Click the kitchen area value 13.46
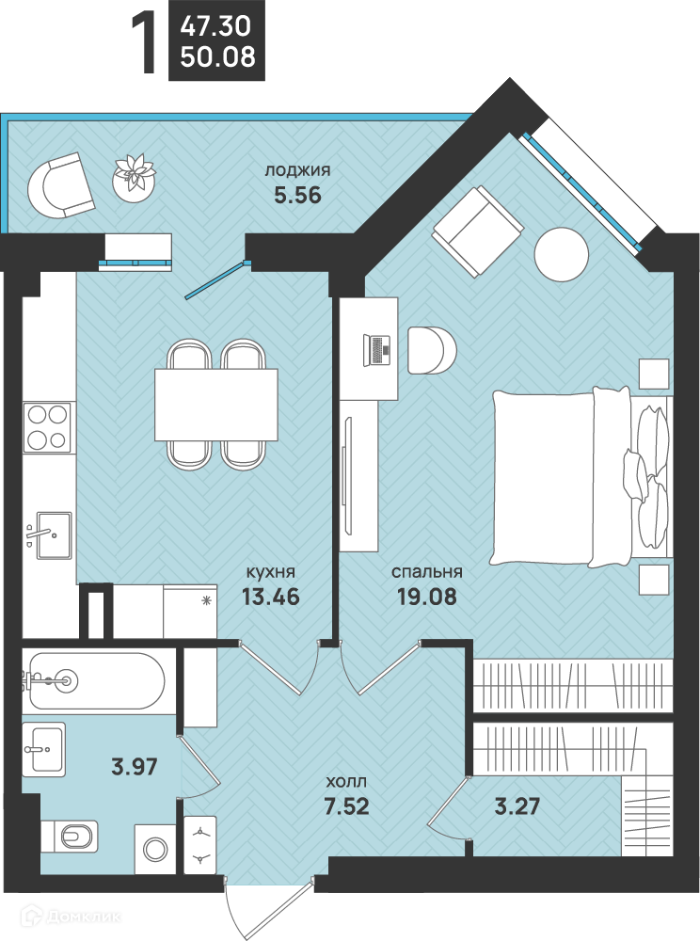coord(270,597)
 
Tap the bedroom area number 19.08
coord(426,597)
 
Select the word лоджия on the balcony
coord(297,170)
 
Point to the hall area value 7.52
coord(346,806)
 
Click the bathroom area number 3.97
coord(135,766)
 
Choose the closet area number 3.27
coord(517,806)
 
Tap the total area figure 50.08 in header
coord(217,57)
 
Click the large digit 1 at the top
coord(145,43)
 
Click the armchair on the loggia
coord(61,185)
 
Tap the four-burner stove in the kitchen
coord(47,427)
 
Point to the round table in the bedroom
coord(562,254)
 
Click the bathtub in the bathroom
coord(93,681)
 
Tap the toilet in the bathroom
coord(71,836)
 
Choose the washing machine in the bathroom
coord(155,849)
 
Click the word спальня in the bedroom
coord(426,572)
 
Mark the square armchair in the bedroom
coord(478,231)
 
